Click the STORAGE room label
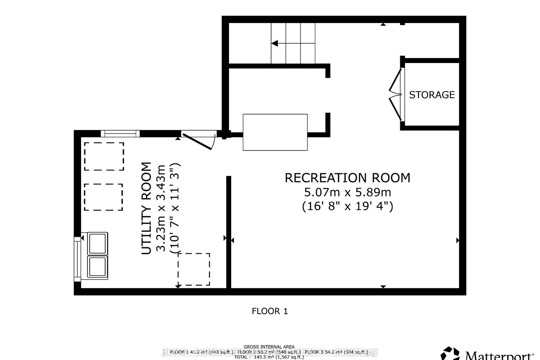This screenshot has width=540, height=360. (432, 95)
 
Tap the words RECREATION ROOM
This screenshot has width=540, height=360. (347, 178)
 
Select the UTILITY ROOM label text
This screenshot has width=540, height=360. (146, 208)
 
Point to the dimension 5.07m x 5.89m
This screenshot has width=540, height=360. (347, 192)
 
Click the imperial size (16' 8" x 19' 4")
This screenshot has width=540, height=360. (347, 206)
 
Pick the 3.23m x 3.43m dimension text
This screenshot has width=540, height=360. (161, 208)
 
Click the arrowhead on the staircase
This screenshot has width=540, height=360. (275, 44)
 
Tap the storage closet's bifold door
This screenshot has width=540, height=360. (396, 94)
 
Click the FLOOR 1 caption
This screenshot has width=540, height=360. (270, 311)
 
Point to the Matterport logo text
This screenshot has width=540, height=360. (499, 356)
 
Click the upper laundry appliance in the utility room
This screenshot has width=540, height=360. (98, 244)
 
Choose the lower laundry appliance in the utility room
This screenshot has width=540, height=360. (98, 266)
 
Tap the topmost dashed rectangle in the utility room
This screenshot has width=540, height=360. (104, 156)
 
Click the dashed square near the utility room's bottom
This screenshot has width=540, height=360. (194, 269)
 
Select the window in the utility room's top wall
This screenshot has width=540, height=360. (120, 134)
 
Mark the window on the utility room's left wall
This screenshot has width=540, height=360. (77, 259)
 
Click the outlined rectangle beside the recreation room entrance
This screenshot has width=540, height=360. (275, 132)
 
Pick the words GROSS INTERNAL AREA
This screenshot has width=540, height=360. (269, 347)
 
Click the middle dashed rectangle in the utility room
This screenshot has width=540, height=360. (103, 197)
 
